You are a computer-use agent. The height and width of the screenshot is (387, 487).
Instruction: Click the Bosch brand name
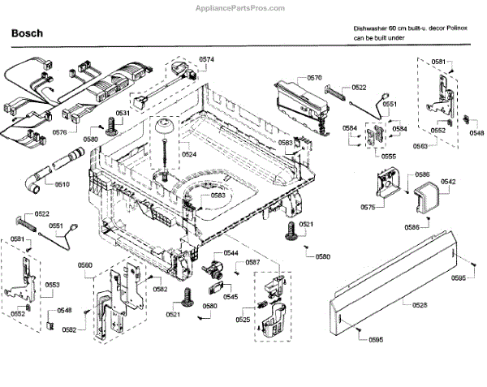[x=27, y=34]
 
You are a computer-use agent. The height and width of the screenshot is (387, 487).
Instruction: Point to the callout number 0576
[x=60, y=131]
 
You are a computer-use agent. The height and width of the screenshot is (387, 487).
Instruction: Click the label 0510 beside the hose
[x=62, y=184]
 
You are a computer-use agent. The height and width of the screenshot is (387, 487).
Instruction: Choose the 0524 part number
[x=189, y=154]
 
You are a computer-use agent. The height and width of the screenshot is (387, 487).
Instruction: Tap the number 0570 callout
[x=314, y=77]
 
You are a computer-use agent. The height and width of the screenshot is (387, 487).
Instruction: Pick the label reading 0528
[x=419, y=304]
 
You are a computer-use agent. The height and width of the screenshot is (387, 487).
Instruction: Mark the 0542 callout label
[x=447, y=181]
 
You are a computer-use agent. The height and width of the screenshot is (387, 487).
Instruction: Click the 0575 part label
[x=367, y=209]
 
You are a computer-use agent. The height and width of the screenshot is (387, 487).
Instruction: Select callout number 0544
[x=231, y=253]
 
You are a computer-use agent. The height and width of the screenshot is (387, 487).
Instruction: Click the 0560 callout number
[x=85, y=265]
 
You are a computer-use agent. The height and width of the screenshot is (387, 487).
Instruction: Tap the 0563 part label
[x=421, y=147]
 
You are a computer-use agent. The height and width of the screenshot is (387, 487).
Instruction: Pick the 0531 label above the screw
[x=123, y=114]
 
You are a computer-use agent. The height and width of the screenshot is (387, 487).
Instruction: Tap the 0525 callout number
[x=243, y=320]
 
